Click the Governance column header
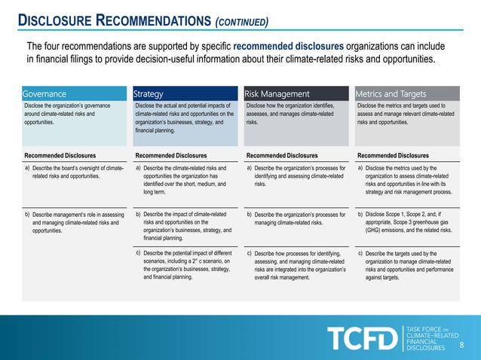tap(44, 94)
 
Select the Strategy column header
tap(149, 94)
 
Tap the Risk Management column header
tap(277, 94)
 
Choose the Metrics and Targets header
tap(391, 94)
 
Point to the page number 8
tap(462, 345)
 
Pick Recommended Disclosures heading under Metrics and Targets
tap(392, 155)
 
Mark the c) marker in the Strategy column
tap(138, 252)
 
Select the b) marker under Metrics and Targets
tap(360, 215)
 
